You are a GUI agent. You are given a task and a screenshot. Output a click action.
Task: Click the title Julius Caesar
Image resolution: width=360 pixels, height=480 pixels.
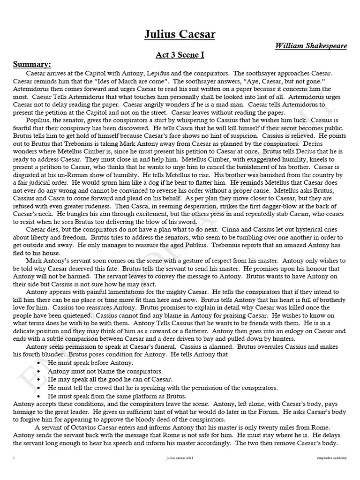180,35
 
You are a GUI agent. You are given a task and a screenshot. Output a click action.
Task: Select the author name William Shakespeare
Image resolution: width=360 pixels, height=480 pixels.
310,46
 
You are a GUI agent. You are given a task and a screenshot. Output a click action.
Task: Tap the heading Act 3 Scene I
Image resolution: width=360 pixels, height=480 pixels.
180,55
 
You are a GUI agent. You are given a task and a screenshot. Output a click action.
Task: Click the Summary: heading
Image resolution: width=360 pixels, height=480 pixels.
32,64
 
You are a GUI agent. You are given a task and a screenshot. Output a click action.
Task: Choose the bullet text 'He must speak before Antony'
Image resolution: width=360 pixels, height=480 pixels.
90,363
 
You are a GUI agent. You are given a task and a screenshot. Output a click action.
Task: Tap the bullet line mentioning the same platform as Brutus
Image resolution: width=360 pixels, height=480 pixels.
110,396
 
